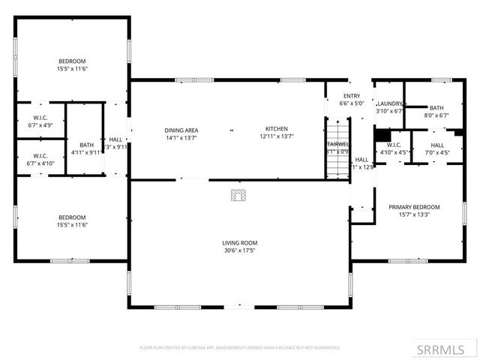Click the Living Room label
pos(239,242)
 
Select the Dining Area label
pos(181,130)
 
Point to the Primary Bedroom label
pos(413,206)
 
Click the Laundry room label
pos(390,103)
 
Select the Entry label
pos(352,96)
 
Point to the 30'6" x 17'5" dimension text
pos(239,251)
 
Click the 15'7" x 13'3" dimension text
pos(413,215)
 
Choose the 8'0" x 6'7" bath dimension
pos(436,115)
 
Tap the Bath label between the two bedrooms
pos(87,145)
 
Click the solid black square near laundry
pos(382,136)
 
